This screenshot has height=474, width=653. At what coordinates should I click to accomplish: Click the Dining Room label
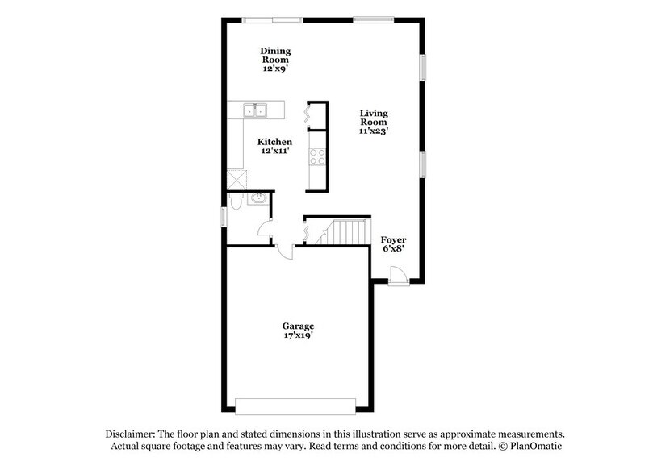point(274,55)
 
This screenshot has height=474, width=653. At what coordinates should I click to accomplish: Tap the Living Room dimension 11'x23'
point(374,131)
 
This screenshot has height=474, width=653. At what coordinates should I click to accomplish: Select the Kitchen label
point(274,142)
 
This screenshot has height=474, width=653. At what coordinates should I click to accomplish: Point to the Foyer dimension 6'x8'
point(393,250)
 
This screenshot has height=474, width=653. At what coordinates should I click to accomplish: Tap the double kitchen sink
point(256,110)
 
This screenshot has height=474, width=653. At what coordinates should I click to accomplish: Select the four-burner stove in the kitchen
point(317,156)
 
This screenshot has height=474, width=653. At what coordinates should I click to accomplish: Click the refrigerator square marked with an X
point(235,179)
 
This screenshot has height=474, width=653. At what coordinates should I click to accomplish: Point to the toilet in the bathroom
point(235,202)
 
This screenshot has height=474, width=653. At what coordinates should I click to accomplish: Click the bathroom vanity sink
point(258,199)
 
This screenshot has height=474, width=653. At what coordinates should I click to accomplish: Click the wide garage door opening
point(295,406)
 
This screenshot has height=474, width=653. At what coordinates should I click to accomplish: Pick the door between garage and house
point(284,250)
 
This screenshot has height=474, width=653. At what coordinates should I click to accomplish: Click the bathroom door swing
point(265,230)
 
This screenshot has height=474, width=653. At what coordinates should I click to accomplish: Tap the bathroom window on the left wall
point(224,218)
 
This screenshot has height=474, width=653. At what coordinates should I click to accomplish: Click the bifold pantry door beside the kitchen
point(308,116)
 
